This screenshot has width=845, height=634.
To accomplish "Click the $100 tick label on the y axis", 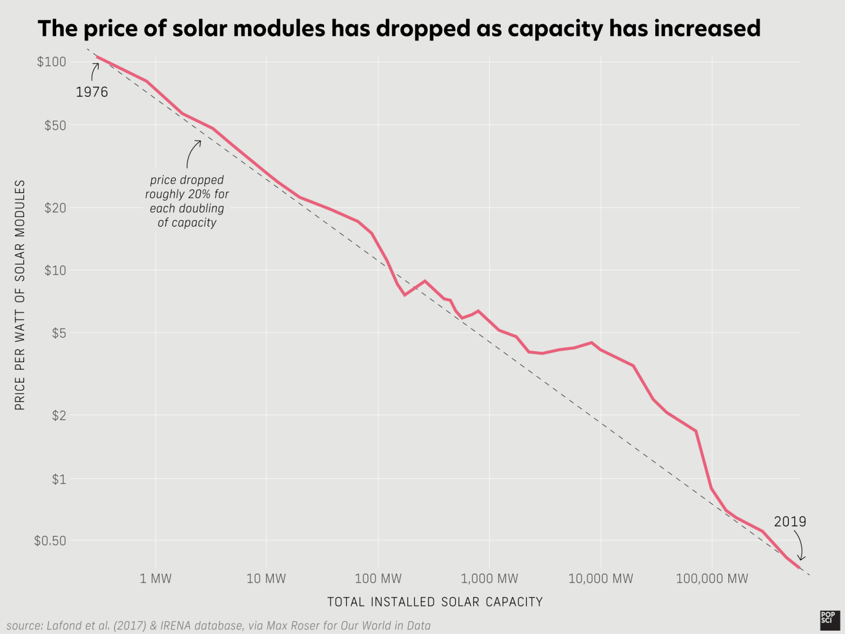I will coord(51,62).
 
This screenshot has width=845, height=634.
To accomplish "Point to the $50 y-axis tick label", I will coord(55,125).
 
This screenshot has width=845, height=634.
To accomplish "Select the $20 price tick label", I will coord(55,208).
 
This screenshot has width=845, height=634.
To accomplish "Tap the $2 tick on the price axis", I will coord(58,416).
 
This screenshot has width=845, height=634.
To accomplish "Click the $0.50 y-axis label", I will coord(50,541).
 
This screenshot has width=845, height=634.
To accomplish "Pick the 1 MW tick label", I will coord(156,579).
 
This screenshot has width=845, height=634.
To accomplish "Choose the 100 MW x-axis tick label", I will coord(378,579).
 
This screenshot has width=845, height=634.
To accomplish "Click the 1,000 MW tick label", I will coord(489,579).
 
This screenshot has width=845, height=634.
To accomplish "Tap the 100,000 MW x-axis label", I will coord(712,579).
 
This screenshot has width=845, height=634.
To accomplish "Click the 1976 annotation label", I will coord(92,92).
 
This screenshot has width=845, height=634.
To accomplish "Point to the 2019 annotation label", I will coord(789,522).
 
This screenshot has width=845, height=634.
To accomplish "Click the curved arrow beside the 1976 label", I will coord(95,72).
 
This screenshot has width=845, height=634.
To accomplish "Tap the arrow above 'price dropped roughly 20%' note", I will coord(192,153).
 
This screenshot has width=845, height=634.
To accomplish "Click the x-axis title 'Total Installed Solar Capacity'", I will coord(435,602).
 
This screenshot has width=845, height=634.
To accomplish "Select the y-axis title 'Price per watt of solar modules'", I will coord(20,295).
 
